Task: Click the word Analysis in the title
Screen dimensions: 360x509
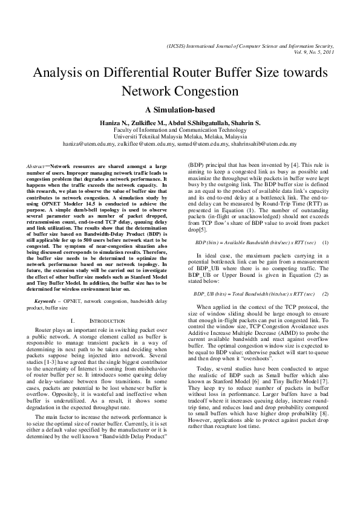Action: (x=61, y=74)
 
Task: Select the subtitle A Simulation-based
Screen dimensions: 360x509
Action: (x=180, y=111)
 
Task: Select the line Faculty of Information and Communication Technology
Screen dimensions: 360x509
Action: (x=180, y=130)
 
